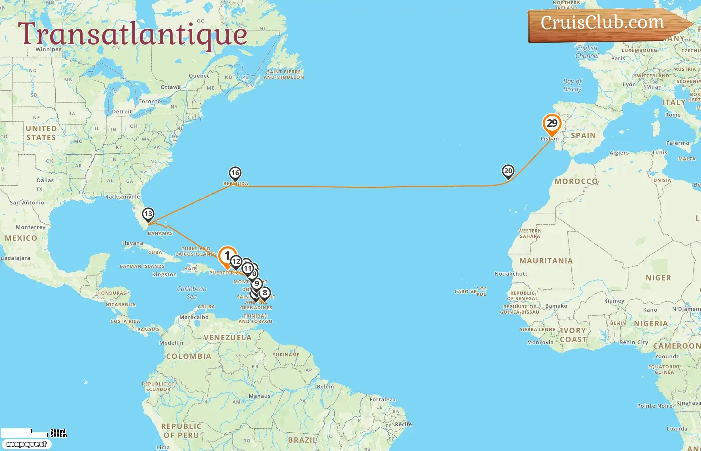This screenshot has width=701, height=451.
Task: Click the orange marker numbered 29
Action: coord(552,124)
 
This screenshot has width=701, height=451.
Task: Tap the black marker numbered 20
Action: coord(508,171)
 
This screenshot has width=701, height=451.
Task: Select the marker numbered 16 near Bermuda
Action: coord(235,173)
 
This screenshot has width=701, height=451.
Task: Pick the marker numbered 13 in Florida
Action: coord(148,214)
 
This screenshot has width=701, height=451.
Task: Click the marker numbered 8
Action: coord(265,293)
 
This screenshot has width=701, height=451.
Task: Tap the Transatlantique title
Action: coord(133,34)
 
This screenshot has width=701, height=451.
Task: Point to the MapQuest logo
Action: coord(26,444)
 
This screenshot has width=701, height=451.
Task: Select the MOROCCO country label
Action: coord(576,181)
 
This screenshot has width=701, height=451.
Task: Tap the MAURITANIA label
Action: coord(546,261)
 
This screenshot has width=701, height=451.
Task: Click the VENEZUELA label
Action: coord(227,338)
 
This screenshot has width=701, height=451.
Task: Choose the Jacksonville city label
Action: coord(123,197)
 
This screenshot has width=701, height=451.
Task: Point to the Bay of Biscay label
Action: coord(572,85)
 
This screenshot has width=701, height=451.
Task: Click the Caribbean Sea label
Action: coord(191,292)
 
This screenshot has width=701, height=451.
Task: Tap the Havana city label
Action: coord(133,243)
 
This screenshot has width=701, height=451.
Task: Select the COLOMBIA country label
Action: coord(188,356)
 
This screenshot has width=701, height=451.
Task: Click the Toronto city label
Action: coord(150,101)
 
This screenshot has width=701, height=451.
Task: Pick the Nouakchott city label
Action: coord(511,274)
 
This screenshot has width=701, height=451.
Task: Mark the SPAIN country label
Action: coord(583,135)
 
